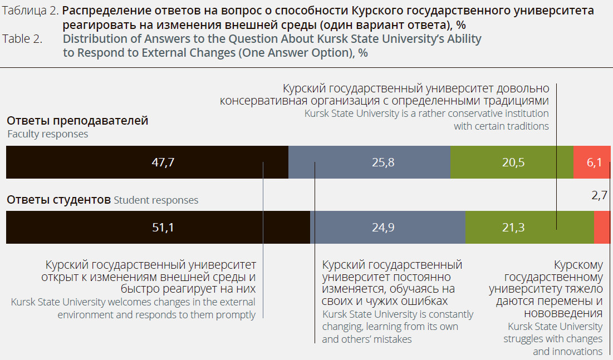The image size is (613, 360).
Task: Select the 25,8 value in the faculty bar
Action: [x=383, y=162]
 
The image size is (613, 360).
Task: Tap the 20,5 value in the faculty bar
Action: [x=513, y=162]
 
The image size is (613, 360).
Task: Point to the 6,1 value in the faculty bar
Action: [x=594, y=162]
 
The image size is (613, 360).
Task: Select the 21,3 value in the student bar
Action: [x=513, y=227]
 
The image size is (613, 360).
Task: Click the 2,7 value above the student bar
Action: [x=599, y=195]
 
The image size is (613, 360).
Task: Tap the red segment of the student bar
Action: [x=602, y=227]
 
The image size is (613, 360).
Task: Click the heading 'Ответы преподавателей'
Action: [x=77, y=121]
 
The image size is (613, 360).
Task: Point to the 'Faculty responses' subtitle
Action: [x=48, y=134]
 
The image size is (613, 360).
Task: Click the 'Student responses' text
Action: [x=156, y=200]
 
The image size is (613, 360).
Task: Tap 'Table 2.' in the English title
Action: [x=22, y=40]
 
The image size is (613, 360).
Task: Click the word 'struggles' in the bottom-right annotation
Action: [x=525, y=339]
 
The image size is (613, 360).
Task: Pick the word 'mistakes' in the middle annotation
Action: [x=393, y=339]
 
